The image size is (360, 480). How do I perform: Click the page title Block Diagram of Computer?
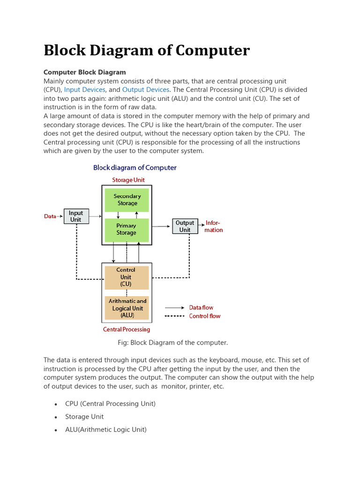coord(147,51)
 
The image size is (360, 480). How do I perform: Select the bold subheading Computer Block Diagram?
coord(84,72)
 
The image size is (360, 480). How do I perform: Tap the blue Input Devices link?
coord(84,90)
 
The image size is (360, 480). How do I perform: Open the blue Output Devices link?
coord(145,90)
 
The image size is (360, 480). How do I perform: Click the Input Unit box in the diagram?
coord(76,216)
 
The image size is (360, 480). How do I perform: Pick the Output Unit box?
coord(185,226)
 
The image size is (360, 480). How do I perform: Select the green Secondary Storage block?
coord(127,200)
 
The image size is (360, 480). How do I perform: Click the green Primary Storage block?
coord(127,230)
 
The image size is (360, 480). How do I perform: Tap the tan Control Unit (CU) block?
coord(126,277)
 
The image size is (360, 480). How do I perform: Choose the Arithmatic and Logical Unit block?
coord(127,308)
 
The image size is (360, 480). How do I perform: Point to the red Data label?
coord(50,217)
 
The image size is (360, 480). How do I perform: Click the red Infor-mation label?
coord(213,226)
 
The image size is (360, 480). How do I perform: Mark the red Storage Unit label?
coord(128,180)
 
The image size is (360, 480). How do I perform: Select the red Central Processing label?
coord(127,330)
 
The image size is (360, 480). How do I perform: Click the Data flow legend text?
coord(201,307)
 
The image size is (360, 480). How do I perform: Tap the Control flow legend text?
coord(204,316)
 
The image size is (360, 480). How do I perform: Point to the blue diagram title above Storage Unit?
coord(135,167)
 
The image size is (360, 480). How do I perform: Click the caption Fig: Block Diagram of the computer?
coord(172,343)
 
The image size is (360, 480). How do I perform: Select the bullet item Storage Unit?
coord(84,417)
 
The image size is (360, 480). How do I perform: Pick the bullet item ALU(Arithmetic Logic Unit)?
coord(106,429)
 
